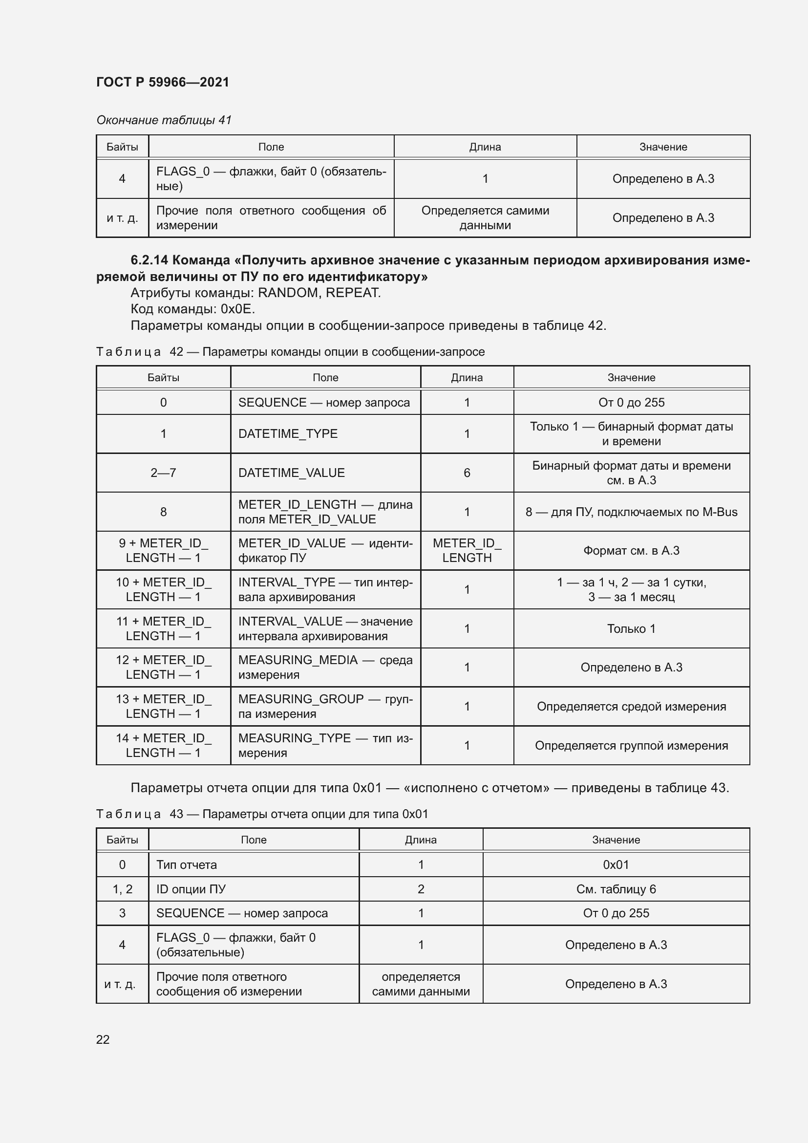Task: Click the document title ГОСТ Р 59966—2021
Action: click(x=163, y=82)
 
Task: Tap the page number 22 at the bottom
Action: click(x=103, y=1039)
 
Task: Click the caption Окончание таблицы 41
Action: click(x=164, y=120)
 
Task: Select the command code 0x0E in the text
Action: click(x=237, y=309)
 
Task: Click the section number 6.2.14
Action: click(x=149, y=260)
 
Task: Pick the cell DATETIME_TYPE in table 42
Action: click(x=288, y=433)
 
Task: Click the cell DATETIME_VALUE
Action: click(x=291, y=473)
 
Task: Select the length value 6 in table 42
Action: click(x=467, y=473)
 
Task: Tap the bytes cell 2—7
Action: click(x=163, y=473)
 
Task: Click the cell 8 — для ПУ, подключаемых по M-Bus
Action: click(x=631, y=512)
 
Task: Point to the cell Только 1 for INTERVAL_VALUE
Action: click(x=631, y=628)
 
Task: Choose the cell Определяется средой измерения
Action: click(x=631, y=707)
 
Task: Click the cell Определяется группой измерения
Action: click(x=631, y=745)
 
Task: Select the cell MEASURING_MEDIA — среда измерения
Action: click(x=325, y=667)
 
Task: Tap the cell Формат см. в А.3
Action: click(x=631, y=551)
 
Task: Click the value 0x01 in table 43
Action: click(x=616, y=865)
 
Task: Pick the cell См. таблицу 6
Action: click(x=616, y=889)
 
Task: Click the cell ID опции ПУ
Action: click(x=191, y=889)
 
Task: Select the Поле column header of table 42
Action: click(x=325, y=377)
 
